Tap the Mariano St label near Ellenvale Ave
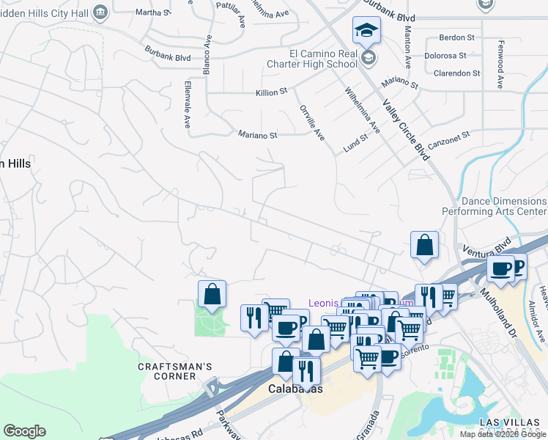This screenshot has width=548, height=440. tap(258, 135)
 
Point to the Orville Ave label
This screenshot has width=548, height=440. tap(311, 122)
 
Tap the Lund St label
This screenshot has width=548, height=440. tap(355, 144)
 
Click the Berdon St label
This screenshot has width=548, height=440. tap(456, 37)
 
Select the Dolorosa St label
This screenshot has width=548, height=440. tap(445, 55)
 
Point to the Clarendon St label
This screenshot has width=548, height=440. tap(456, 73)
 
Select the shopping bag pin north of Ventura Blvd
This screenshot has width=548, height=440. tap(424, 245)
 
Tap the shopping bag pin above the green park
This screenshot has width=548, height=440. tap(212, 294)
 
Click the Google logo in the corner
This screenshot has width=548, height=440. tap(24, 431)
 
